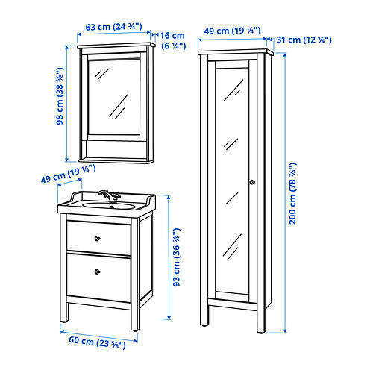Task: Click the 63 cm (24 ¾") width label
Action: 113,27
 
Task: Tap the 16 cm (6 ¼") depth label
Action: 172,40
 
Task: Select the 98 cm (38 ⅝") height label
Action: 60,95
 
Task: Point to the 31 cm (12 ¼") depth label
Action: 304,40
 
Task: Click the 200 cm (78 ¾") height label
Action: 292,193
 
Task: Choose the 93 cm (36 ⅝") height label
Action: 176,257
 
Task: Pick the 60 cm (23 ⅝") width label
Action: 97,342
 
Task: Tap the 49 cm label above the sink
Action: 68,173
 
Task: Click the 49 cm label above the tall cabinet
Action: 232,31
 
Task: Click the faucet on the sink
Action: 110,196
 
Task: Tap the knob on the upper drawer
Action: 98,239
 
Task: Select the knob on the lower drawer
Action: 98,272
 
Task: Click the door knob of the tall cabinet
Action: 252,182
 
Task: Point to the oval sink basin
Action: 109,206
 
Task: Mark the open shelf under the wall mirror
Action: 116,150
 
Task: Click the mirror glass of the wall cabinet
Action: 114,97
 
